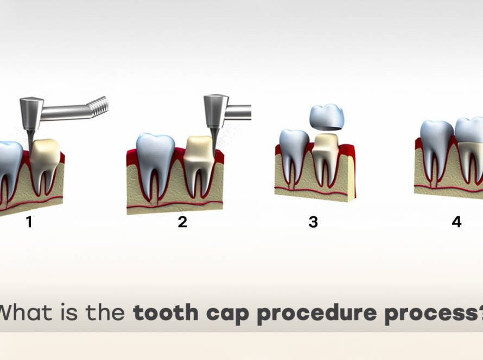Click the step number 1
(29, 222)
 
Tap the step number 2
(182, 222)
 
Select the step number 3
(313, 222)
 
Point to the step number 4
(456, 222)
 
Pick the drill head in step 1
(31, 112)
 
